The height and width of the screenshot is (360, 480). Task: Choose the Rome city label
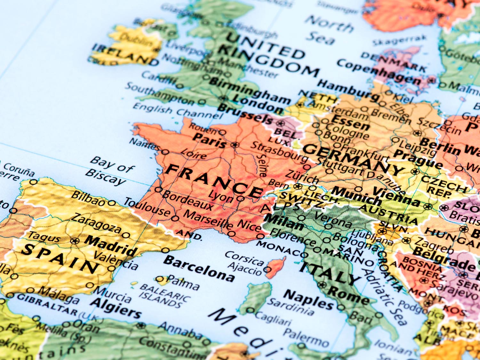point(348,296)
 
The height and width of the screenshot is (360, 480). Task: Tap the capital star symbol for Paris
point(236,145)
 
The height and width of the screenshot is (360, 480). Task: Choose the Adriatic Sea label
point(381,294)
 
